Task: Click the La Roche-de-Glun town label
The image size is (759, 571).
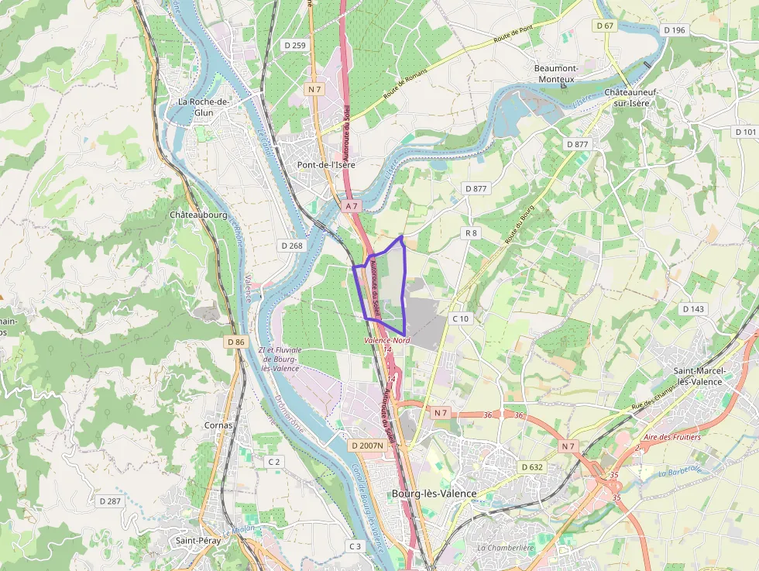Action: click(204, 106)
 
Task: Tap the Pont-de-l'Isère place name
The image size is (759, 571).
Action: click(326, 165)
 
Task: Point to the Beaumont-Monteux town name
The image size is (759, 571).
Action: click(555, 74)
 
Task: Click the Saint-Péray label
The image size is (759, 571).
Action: click(198, 541)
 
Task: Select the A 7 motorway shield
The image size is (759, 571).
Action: click(352, 206)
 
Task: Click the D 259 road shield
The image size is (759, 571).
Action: click(294, 46)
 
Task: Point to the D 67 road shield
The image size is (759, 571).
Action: click(605, 26)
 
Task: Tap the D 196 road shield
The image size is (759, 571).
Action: click(675, 30)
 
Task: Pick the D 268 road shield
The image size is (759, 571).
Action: click(292, 246)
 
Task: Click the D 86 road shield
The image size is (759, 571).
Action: click(236, 342)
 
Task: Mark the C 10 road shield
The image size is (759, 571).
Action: click(460, 318)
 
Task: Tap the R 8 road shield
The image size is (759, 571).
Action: click(471, 232)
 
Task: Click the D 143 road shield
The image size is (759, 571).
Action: click(694, 309)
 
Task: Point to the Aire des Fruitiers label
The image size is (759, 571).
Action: click(671, 437)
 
